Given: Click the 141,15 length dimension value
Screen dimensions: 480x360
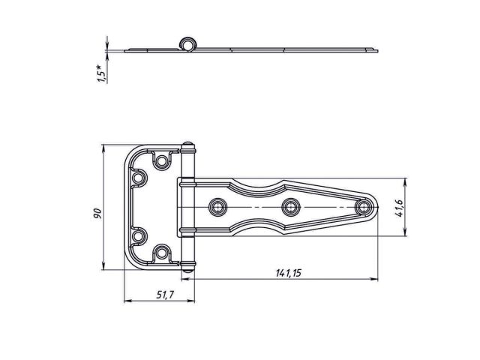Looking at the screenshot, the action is (288, 273).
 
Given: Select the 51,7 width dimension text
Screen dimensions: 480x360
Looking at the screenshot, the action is (165, 295).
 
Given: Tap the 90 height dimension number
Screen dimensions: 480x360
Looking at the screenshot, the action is (97, 213).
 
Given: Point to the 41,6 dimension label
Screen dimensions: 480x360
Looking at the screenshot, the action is (400, 208).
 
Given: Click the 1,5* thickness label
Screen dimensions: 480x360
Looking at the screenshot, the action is (102, 73).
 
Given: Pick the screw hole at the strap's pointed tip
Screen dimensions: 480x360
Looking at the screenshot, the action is (363, 207).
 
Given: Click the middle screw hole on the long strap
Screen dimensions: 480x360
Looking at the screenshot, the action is (290, 207).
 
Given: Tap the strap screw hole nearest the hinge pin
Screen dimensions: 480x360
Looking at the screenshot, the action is (218, 207).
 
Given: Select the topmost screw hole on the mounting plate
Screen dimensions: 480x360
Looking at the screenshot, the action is (162, 160).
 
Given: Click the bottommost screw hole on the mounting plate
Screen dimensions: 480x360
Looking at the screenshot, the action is (162, 253).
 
